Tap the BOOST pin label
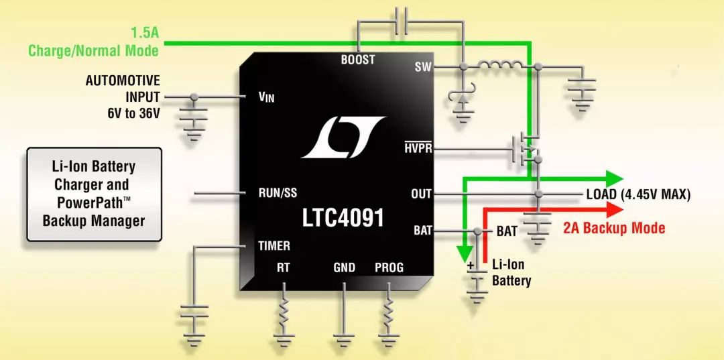pyautogui.click(x=358, y=60)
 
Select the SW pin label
pyautogui.click(x=423, y=66)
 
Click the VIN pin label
pyautogui.click(x=266, y=97)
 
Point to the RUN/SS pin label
pyautogui.click(x=278, y=194)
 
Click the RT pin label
pyautogui.click(x=284, y=267)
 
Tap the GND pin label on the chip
pyautogui.click(x=345, y=267)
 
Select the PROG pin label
pyautogui.click(x=389, y=267)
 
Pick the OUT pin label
pyautogui.click(x=422, y=194)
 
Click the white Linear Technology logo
pyautogui.click(x=343, y=137)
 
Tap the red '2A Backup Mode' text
pyautogui.click(x=614, y=228)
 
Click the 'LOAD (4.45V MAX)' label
pyautogui.click(x=638, y=194)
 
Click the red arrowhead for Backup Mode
pyautogui.click(x=611, y=210)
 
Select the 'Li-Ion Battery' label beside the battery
pyautogui.click(x=511, y=272)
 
